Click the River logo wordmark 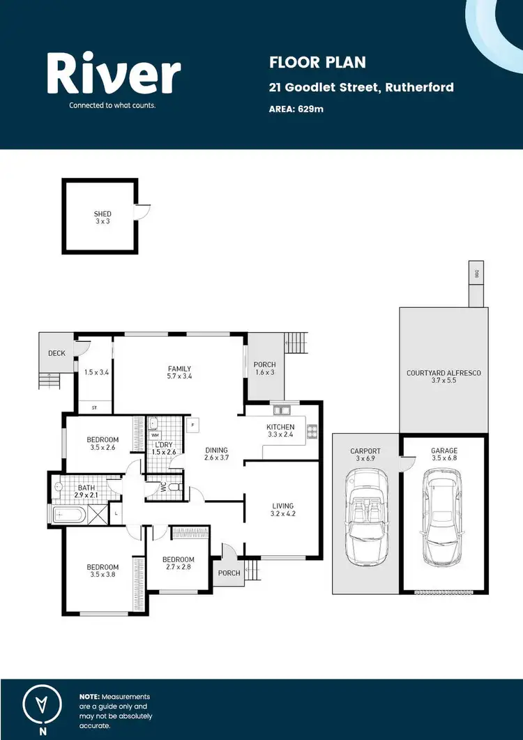tap(114, 75)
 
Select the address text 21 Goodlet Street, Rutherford tap(361, 87)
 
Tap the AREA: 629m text tap(296, 109)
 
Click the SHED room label tap(103, 214)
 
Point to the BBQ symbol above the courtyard tap(478, 273)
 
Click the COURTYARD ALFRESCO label tap(444, 373)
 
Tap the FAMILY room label tap(179, 369)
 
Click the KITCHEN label tap(280, 427)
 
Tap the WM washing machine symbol tap(155, 435)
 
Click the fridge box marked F tap(192, 423)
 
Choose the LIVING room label tap(283, 506)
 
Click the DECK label tap(56, 353)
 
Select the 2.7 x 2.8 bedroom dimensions tap(178, 568)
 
